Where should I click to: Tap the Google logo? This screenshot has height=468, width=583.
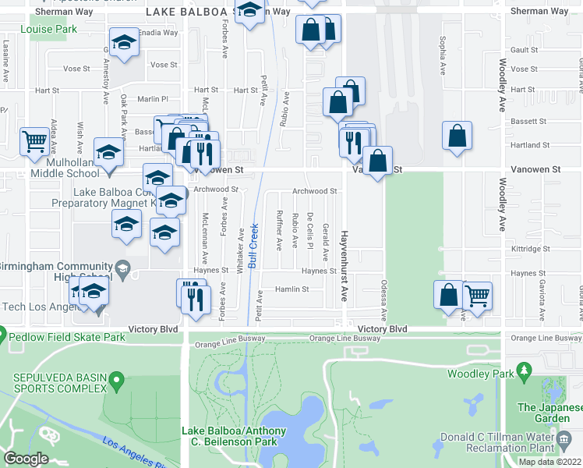[x=26, y=459]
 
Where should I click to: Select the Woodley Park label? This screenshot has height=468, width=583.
[x=479, y=374]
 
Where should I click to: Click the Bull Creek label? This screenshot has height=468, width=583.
[x=253, y=246]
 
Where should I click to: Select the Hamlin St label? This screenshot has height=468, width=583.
[x=292, y=289]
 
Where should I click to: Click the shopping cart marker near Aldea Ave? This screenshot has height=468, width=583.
[x=34, y=141]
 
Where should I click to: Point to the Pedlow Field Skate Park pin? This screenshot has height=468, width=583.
[x=3, y=337]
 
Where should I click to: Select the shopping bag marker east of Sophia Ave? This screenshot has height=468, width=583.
[x=457, y=135]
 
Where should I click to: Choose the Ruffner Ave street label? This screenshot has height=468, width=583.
[x=278, y=231]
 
